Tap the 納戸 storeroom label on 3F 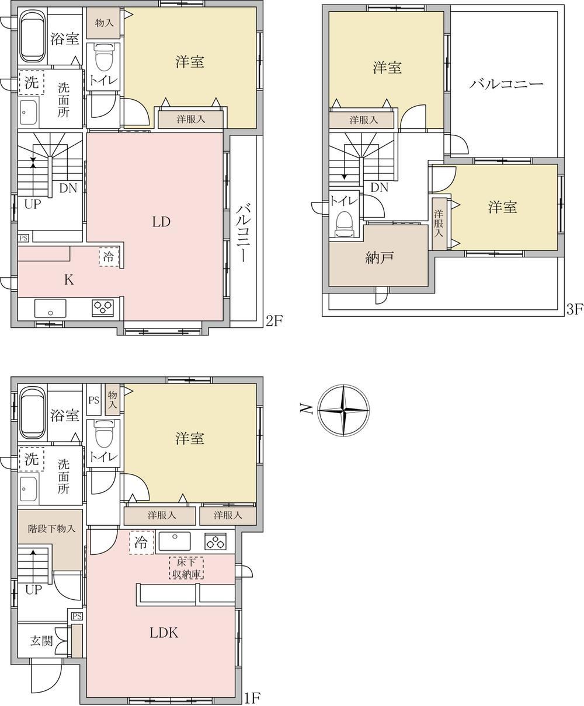coord(380,258)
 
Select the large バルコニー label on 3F coord(506,84)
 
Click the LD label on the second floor coord(161,222)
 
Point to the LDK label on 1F coord(164,632)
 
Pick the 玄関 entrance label coord(41,641)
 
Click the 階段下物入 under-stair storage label coord(51,529)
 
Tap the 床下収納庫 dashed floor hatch coord(186,568)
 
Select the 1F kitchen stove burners coord(215,541)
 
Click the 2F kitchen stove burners coord(103,307)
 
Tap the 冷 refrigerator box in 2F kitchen coord(109,257)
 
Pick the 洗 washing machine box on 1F coord(32,459)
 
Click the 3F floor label coord(575,309)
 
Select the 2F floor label coord(274,321)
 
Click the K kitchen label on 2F coord(69,279)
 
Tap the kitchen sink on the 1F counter coord(175,541)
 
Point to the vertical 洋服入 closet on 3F coord(439,224)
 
